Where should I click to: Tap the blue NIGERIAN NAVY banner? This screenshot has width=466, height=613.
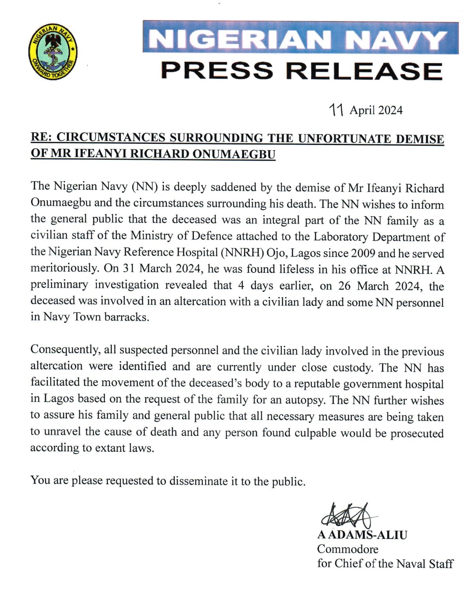pyautogui.click(x=301, y=38)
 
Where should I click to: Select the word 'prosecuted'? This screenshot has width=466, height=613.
pyautogui.click(x=417, y=433)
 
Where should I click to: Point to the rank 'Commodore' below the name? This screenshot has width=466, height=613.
pyautogui.click(x=348, y=549)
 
